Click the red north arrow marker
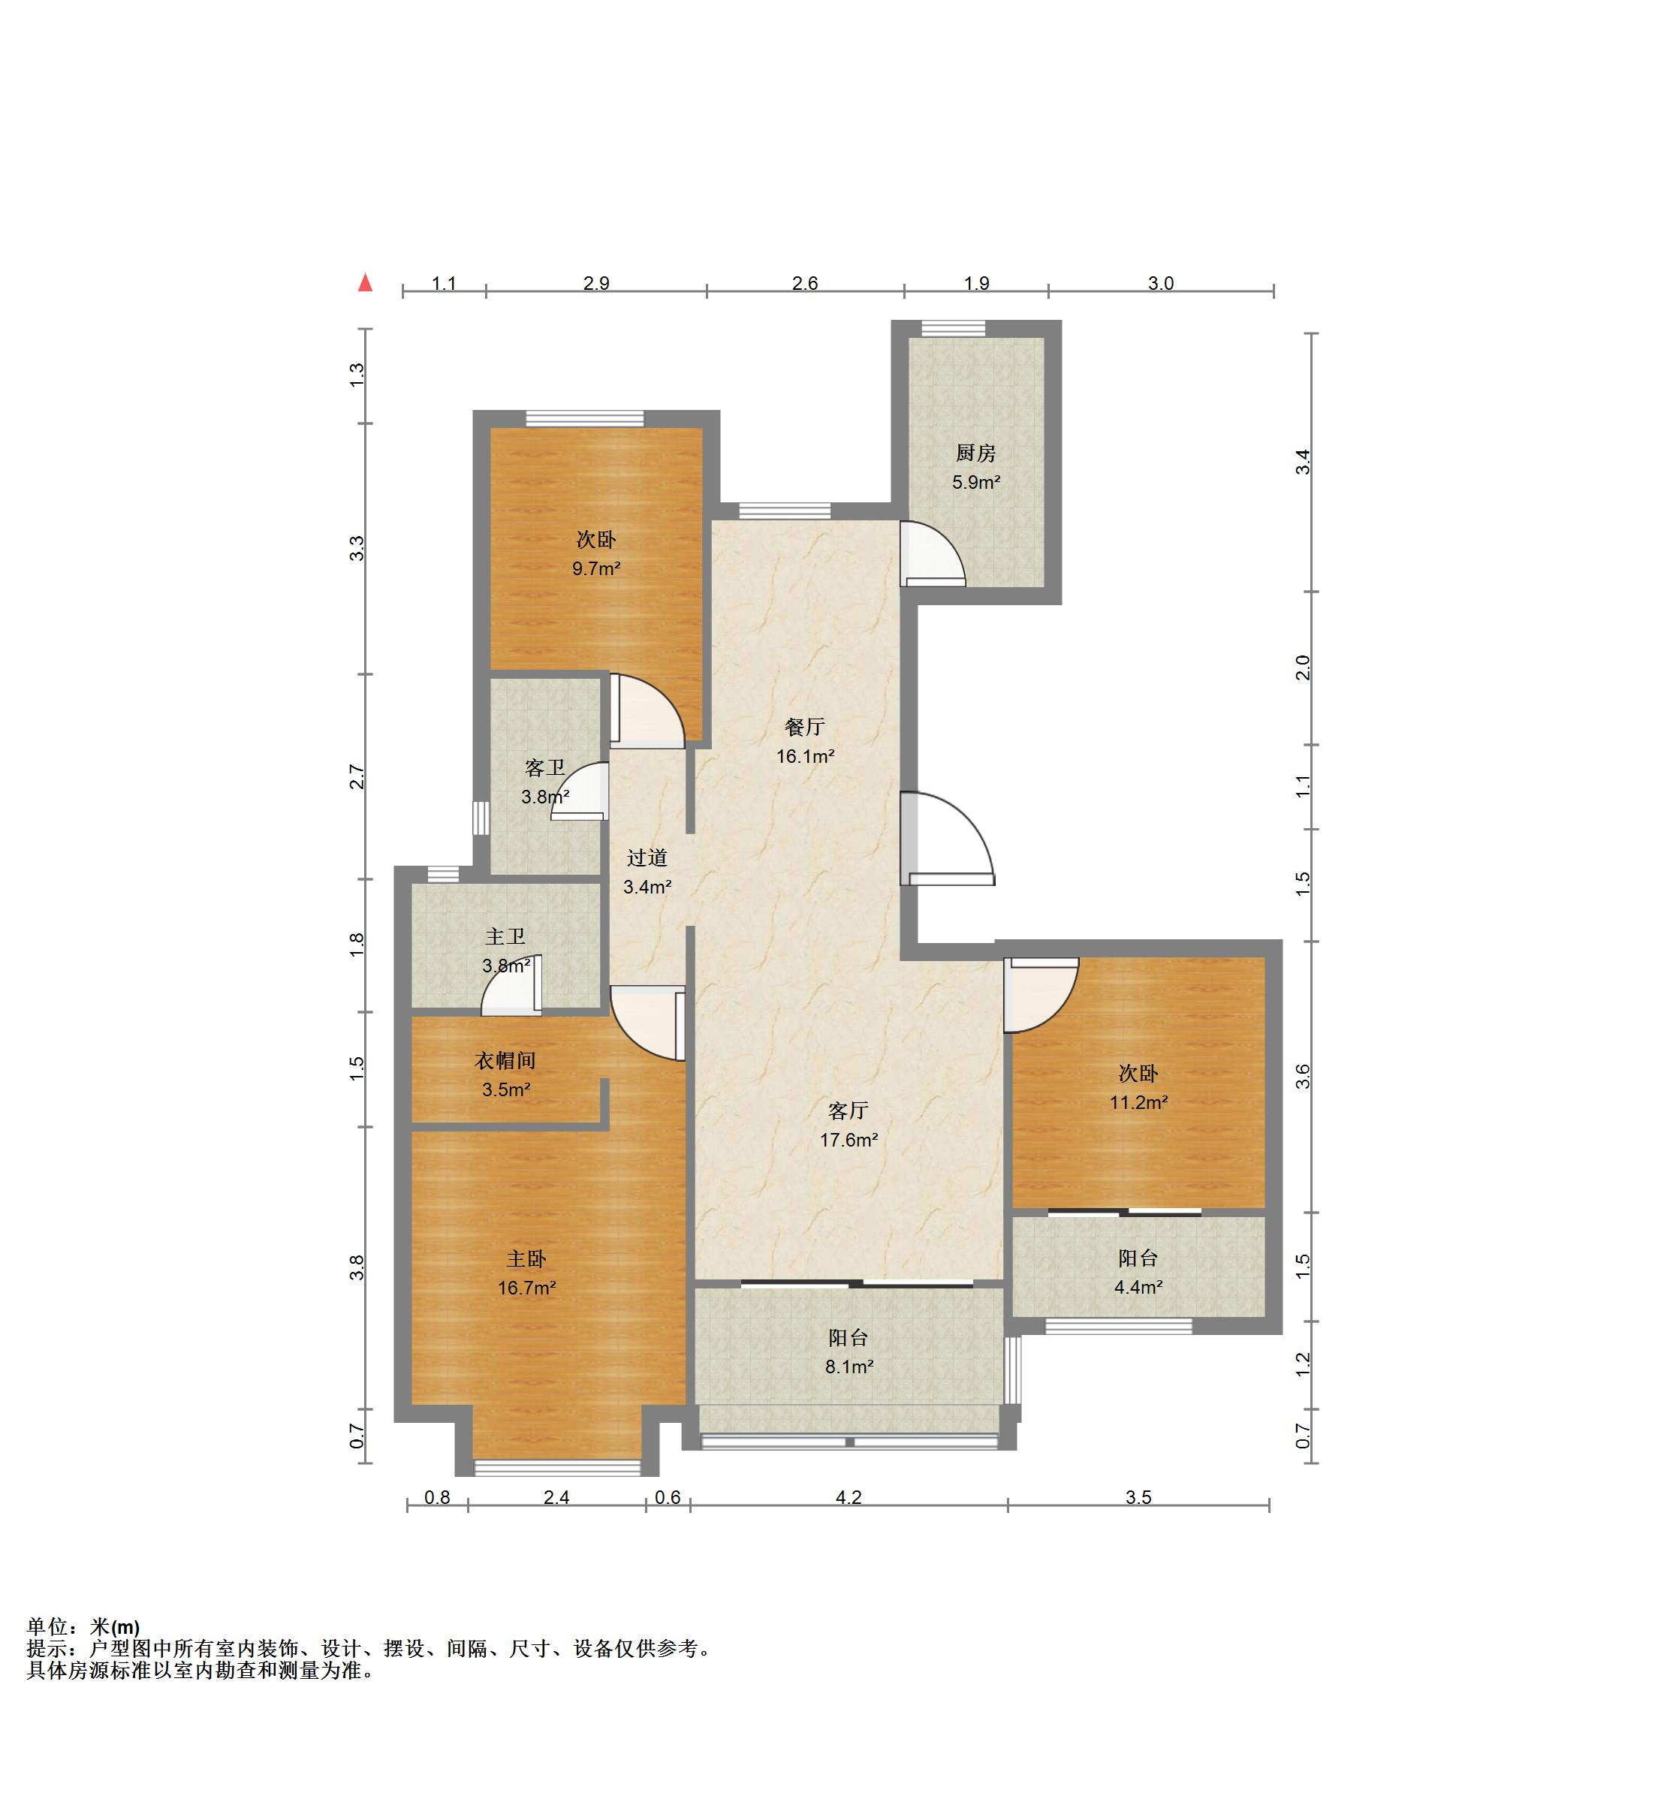[365, 283]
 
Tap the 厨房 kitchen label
[975, 453]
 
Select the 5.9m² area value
[975, 483]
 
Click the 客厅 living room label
[848, 1110]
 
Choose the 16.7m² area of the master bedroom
[526, 1288]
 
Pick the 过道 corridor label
[647, 857]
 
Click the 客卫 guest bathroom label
[545, 768]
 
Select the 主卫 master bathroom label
[505, 937]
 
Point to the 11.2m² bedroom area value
[1138, 1102]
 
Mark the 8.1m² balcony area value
[849, 1367]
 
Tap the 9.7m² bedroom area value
[596, 569]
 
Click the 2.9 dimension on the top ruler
[596, 283]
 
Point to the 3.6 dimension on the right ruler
[1302, 1076]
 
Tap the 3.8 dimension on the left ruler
[357, 1267]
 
